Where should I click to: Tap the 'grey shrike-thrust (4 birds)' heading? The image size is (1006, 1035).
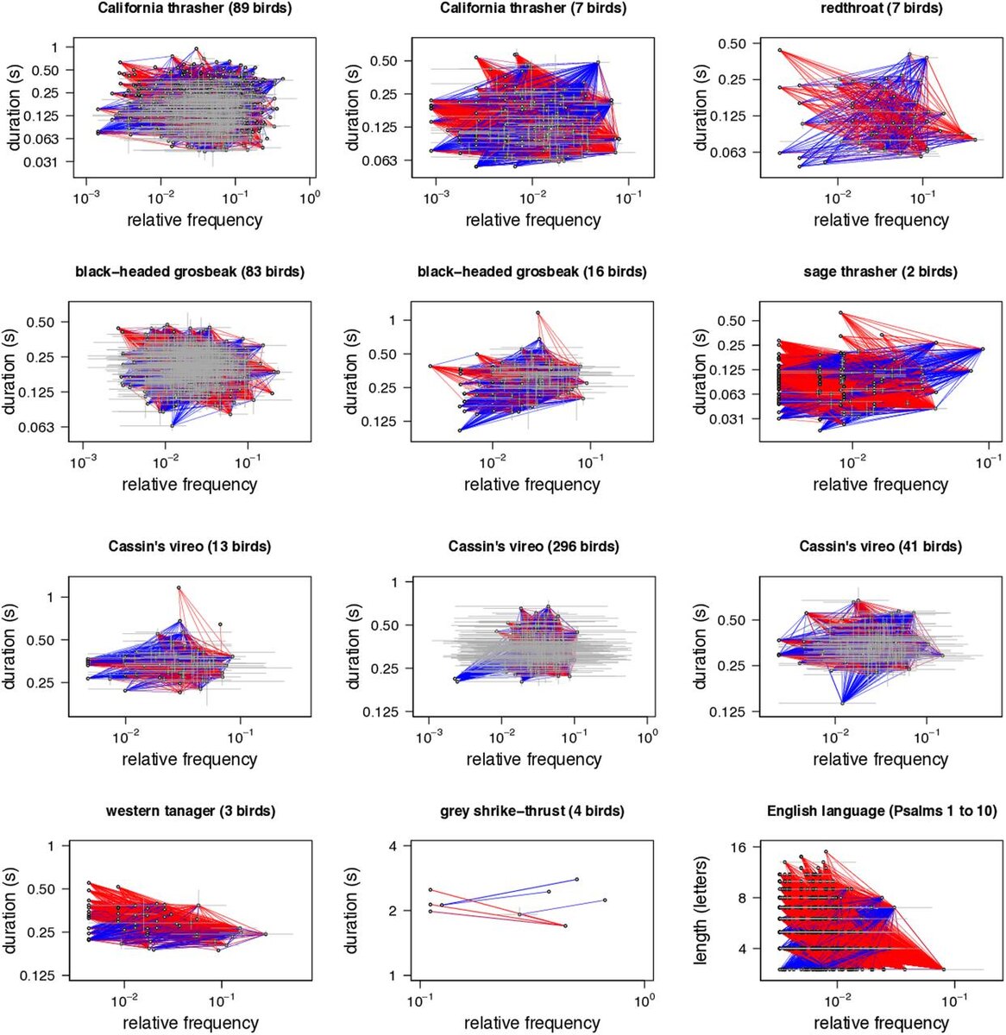click(532, 812)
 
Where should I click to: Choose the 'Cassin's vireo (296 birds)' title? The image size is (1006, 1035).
click(533, 547)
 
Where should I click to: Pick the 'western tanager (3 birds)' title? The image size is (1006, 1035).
click(191, 812)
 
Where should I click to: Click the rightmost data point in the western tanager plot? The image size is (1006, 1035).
click(265, 934)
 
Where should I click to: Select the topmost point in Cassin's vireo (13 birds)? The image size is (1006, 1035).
click(179, 587)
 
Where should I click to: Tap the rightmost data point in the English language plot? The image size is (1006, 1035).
click(943, 969)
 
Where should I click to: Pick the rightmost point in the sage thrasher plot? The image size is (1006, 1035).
click(983, 348)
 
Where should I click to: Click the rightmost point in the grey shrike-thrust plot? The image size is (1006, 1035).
click(605, 900)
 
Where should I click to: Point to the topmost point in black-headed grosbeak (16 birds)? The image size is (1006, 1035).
click(538, 312)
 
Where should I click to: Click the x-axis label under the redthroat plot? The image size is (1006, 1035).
click(881, 220)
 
